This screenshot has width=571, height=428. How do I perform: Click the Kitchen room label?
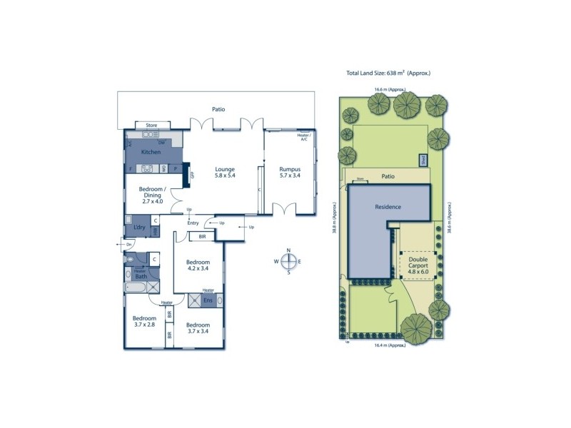pyautogui.click(x=150, y=153)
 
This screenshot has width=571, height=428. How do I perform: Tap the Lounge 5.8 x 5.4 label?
pyautogui.click(x=226, y=173)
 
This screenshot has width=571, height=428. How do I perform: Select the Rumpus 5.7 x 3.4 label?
pyautogui.click(x=290, y=173)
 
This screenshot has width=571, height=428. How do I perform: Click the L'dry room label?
pyautogui.click(x=140, y=228)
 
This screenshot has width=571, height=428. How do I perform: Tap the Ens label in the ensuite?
pyautogui.click(x=208, y=300)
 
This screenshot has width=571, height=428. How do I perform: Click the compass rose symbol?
pyautogui.click(x=288, y=261)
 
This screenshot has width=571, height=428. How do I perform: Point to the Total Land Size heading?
pyautogui.click(x=389, y=73)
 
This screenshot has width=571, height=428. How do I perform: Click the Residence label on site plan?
pyautogui.click(x=388, y=207)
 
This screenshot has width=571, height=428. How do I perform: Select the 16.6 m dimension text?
pyautogui.click(x=390, y=90)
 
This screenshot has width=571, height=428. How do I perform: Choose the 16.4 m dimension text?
pyautogui.click(x=389, y=345)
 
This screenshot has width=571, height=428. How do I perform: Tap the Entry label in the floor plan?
pyautogui.click(x=193, y=223)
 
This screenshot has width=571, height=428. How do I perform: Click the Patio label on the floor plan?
pyautogui.click(x=218, y=110)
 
